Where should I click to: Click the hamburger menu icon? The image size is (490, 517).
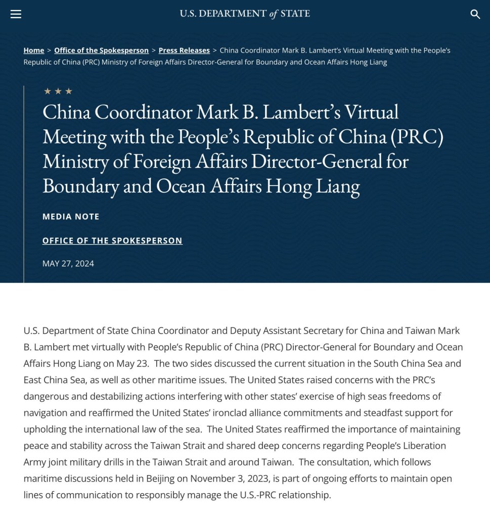(x=16, y=14)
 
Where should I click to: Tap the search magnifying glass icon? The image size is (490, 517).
(x=475, y=14)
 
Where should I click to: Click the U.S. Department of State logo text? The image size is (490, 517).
(x=245, y=14)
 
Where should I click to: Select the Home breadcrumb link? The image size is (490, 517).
(x=34, y=51)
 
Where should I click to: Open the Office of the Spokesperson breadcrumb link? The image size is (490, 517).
(x=101, y=51)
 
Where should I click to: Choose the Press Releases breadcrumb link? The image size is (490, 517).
(x=184, y=51)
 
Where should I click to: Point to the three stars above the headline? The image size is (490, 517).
(x=58, y=91)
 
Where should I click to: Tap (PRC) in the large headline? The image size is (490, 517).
(x=418, y=137)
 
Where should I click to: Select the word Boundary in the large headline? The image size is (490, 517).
(x=79, y=186)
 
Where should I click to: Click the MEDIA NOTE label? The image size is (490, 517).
(x=71, y=217)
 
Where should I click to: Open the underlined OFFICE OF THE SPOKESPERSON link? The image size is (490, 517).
(x=112, y=241)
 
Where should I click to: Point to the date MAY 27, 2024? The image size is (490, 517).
(x=68, y=264)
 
